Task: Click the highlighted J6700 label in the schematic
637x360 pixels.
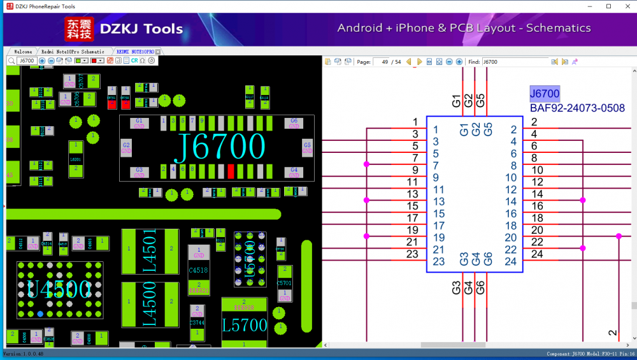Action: [x=545, y=94]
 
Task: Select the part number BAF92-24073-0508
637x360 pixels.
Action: [x=577, y=108]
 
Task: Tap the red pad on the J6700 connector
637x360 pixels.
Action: [x=231, y=171]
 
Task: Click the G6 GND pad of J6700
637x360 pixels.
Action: [x=294, y=123]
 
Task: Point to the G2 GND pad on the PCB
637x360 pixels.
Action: [x=126, y=148]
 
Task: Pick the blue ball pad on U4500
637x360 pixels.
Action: [x=41, y=313]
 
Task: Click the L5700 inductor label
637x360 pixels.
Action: [x=245, y=326]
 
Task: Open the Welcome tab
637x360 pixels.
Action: [x=23, y=52]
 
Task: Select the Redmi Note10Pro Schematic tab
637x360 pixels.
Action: [x=73, y=52]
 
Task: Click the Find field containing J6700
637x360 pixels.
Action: [x=514, y=62]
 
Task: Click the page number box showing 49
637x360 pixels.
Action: [x=383, y=62]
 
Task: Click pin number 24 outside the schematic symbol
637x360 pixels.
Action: [x=537, y=254]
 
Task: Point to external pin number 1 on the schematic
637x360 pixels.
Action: [x=415, y=122]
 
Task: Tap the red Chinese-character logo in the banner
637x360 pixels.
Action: [x=79, y=29]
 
